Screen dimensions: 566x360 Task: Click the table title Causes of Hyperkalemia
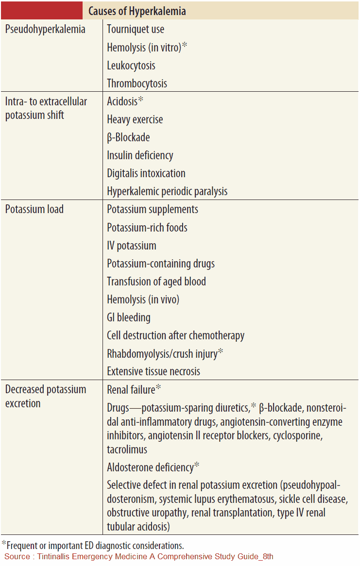point(137,11)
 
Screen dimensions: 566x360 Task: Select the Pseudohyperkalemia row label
point(45,29)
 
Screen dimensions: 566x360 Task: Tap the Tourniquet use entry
point(136,29)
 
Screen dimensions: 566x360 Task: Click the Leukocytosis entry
point(131,66)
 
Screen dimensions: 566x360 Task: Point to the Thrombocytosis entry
point(137,83)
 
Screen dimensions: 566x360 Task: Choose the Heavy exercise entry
point(135,119)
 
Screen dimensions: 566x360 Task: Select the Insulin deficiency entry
point(140,155)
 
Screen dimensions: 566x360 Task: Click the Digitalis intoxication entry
point(146,173)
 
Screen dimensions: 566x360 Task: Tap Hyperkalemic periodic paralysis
point(167,191)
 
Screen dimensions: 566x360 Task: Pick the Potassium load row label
point(34,210)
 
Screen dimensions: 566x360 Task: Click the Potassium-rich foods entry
point(147,228)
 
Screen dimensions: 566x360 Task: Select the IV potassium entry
point(132,246)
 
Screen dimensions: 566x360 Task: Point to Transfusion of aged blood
point(156,282)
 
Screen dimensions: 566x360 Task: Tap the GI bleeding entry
point(129,317)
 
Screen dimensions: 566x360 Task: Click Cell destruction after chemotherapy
point(175,335)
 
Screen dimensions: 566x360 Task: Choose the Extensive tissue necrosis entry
point(154,371)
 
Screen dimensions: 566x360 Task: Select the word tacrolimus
point(127,449)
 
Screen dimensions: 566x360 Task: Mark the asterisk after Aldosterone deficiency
point(197,466)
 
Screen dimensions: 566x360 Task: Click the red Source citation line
point(139,556)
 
